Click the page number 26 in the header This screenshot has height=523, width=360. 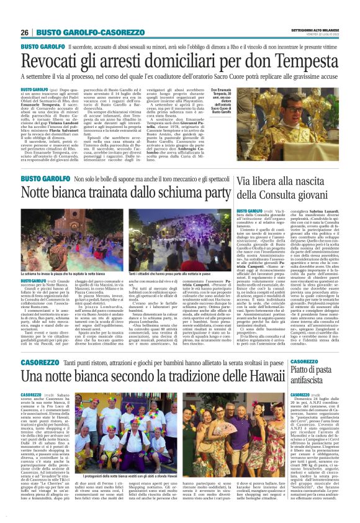25,32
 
